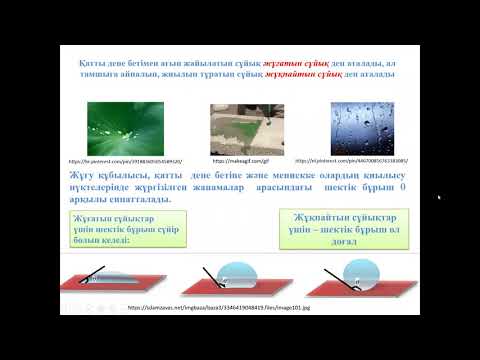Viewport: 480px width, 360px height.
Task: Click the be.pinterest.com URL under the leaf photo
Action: pyautogui.click(x=111, y=161)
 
